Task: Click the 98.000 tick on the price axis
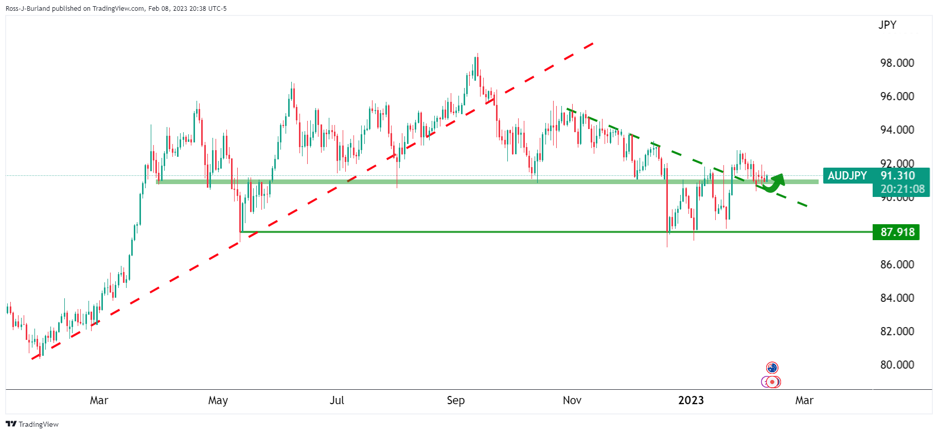click(x=897, y=63)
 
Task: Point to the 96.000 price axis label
click(x=897, y=96)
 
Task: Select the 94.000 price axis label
click(x=897, y=130)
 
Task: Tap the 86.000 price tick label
click(x=897, y=264)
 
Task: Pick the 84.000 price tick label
click(x=897, y=298)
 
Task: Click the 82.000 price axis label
click(x=897, y=331)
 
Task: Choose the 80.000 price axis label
click(x=897, y=365)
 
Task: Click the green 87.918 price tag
click(x=897, y=232)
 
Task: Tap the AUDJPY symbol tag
click(x=847, y=176)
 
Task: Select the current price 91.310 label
click(x=897, y=176)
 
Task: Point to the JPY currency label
click(x=887, y=25)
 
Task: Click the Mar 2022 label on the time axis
click(x=99, y=400)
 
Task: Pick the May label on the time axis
click(x=218, y=400)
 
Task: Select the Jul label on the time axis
click(x=337, y=400)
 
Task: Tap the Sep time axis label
click(x=455, y=400)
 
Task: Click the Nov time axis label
click(x=572, y=400)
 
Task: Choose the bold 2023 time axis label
click(x=691, y=400)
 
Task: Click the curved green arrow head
click(x=778, y=179)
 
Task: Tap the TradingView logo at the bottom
click(x=32, y=424)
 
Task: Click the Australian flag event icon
click(x=772, y=368)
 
